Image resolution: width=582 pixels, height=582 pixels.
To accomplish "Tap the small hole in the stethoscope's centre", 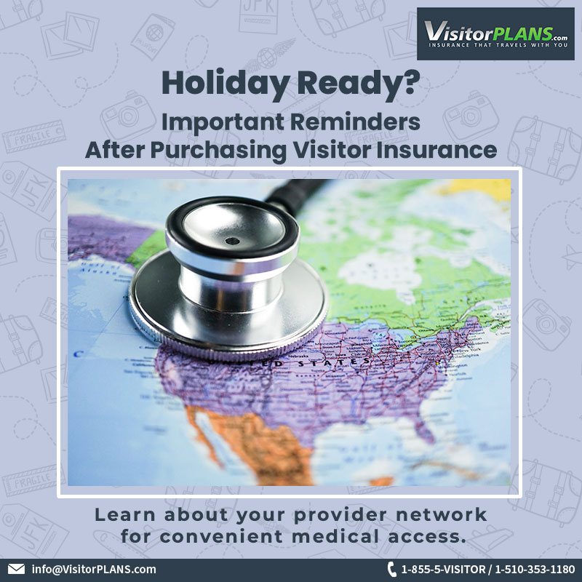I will [231, 241].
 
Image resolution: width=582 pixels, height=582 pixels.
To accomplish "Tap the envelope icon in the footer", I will [16, 569].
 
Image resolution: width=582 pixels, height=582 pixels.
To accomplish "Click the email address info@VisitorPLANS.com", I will [94, 569].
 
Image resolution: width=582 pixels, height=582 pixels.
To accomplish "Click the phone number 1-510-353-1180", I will [535, 569].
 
